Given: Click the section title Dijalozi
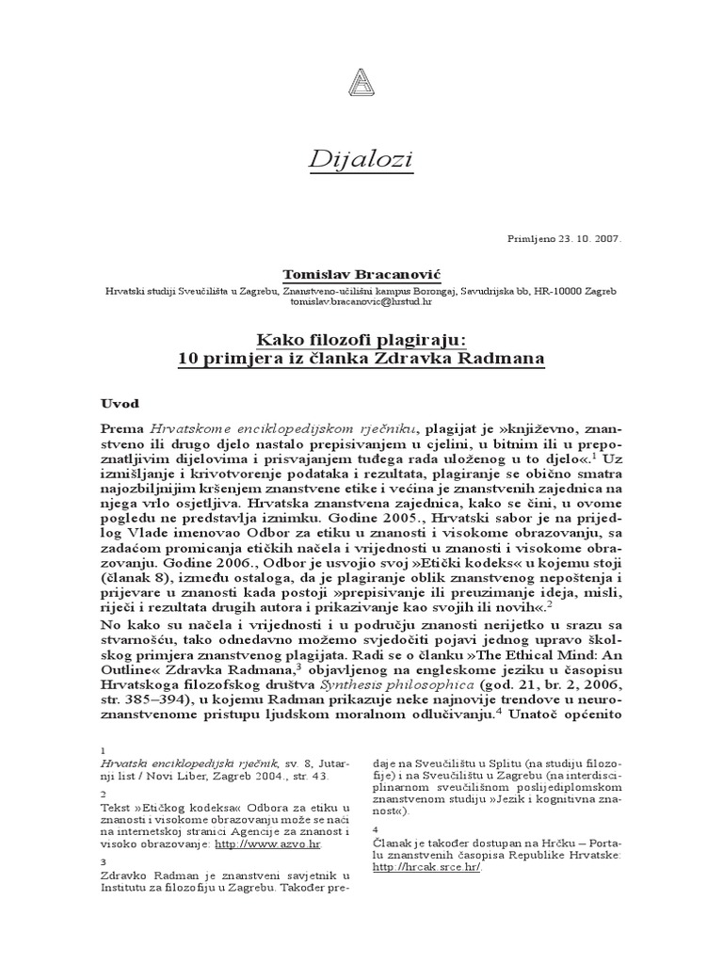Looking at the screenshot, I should pyautogui.click(x=361, y=161).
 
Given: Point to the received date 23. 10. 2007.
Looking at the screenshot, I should pyautogui.click(x=586, y=238).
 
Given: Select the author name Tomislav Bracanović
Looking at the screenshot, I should pyautogui.click(x=361, y=273).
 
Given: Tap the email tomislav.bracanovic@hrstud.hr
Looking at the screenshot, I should pyautogui.click(x=361, y=302).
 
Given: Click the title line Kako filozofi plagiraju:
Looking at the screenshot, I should pyautogui.click(x=361, y=339).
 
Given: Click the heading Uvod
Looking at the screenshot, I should pyautogui.click(x=120, y=402).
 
